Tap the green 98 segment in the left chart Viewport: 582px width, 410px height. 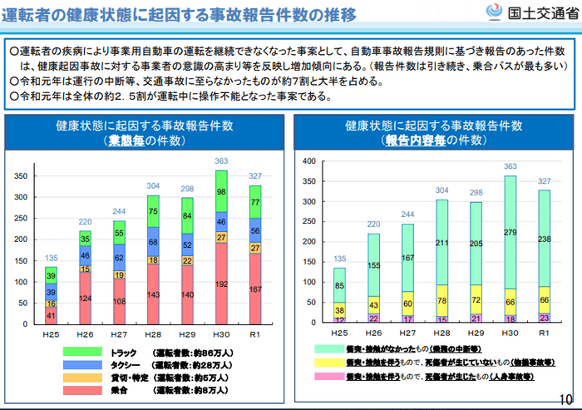point(221,193)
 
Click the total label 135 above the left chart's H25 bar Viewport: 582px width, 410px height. point(51,259)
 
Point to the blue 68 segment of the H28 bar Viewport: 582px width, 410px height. point(153,242)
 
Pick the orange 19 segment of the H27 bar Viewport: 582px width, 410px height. point(119,274)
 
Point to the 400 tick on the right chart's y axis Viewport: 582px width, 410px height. point(310,161)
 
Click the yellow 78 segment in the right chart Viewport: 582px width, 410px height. point(442,300)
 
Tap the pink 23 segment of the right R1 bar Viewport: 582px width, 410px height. point(545,316)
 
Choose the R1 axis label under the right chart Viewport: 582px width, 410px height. point(545,333)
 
